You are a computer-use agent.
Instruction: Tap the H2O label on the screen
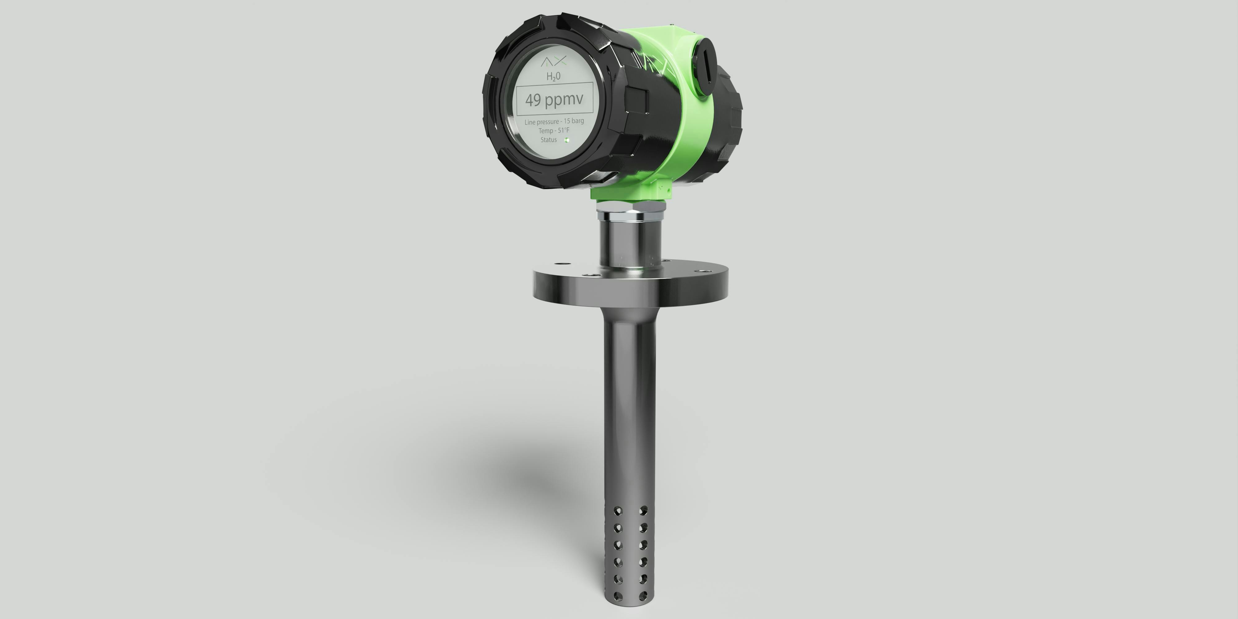click(x=553, y=76)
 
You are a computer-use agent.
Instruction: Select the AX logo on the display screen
click(x=554, y=62)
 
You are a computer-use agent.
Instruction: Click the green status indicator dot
click(x=567, y=140)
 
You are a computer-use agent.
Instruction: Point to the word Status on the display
click(x=548, y=140)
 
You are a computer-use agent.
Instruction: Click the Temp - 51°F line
click(x=554, y=131)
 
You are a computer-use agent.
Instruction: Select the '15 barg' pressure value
click(x=574, y=121)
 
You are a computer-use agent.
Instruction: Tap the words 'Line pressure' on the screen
click(x=542, y=122)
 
